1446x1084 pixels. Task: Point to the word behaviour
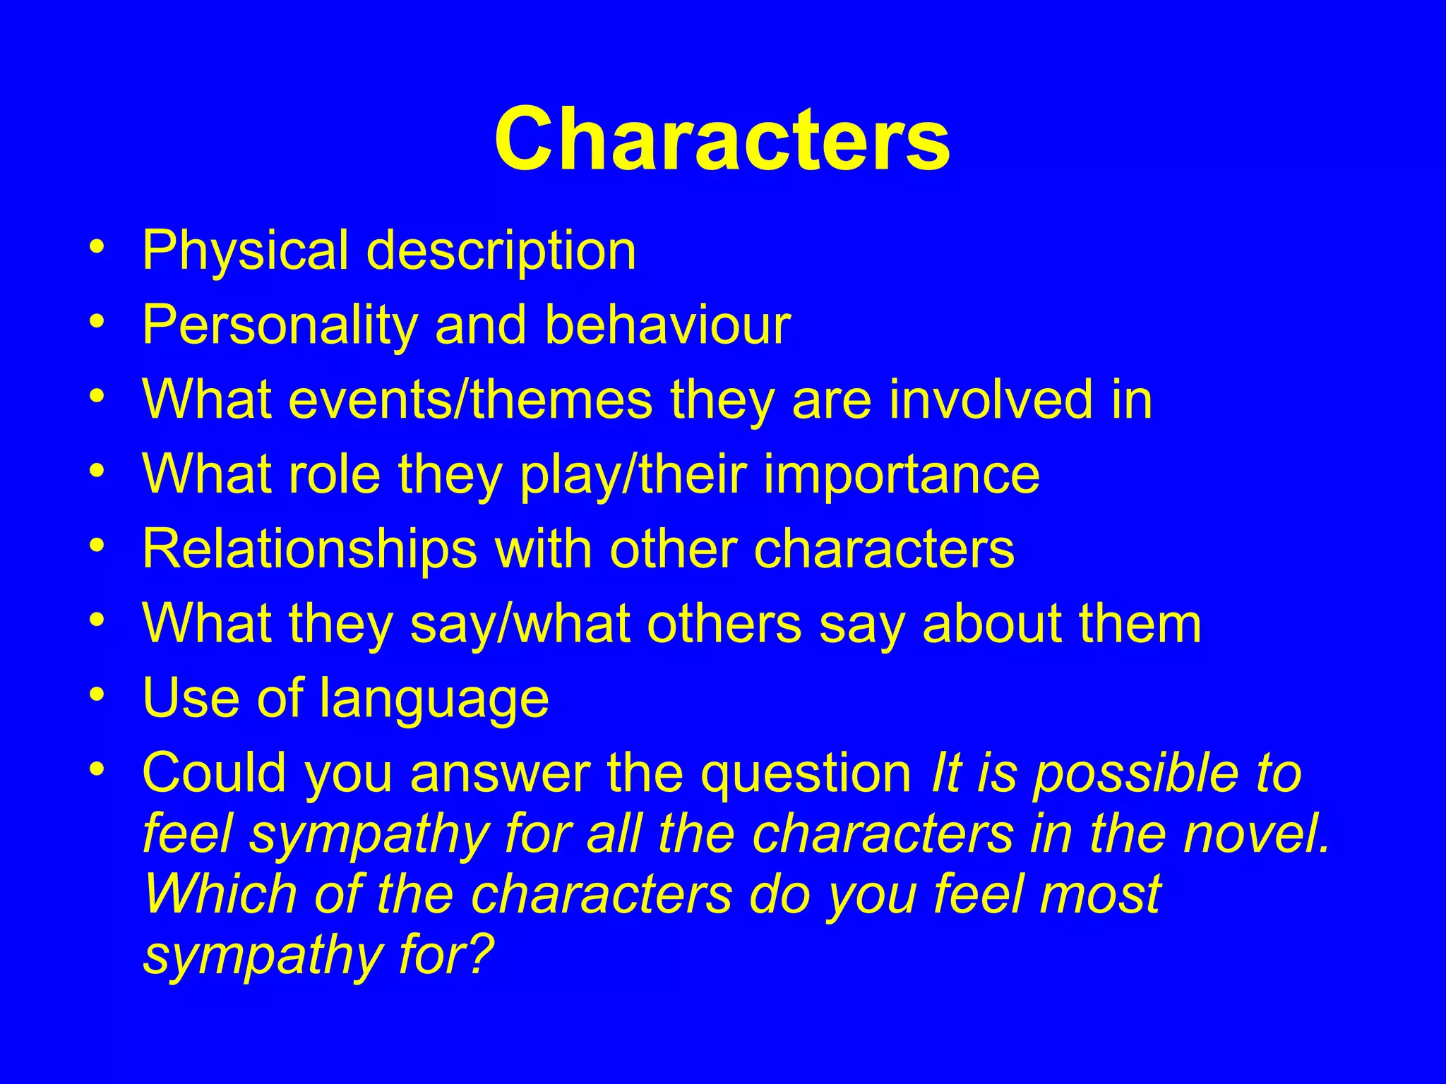tap(667, 326)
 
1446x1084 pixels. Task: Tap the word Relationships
tap(309, 550)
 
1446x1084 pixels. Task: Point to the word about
tap(992, 624)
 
